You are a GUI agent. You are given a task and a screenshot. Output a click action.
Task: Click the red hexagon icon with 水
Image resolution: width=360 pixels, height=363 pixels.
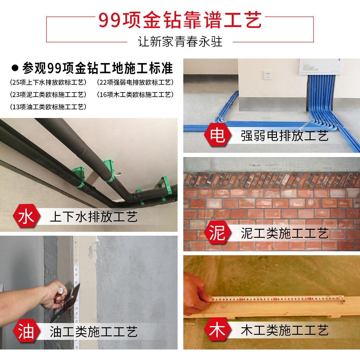pyautogui.click(x=26, y=216)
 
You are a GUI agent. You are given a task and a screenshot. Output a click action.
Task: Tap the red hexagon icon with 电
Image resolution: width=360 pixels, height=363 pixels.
pyautogui.click(x=217, y=135)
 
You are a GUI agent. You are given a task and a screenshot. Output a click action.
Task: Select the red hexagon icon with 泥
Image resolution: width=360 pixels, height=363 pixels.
pyautogui.click(x=217, y=232)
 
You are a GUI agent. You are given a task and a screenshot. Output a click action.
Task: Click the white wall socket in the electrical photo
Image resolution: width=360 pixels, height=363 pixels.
pyautogui.click(x=268, y=75)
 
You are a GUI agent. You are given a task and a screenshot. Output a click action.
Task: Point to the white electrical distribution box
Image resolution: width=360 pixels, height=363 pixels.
pyautogui.click(x=320, y=67)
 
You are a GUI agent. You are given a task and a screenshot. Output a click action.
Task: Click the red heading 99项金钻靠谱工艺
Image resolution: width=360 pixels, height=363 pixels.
pyautogui.click(x=180, y=20)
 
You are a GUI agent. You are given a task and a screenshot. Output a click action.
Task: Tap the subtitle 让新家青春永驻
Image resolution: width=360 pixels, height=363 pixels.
pyautogui.click(x=180, y=42)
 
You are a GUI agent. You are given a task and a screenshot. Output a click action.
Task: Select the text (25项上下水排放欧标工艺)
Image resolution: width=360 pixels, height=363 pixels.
pyautogui.click(x=48, y=82)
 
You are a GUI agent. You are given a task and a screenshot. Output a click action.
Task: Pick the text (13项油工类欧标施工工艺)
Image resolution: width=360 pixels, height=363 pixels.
pyautogui.click(x=48, y=107)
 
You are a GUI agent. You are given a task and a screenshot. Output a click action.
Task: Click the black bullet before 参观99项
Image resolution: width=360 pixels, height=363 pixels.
pyautogui.click(x=15, y=68)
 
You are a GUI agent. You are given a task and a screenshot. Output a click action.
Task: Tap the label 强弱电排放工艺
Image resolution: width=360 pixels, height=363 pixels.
pyautogui.click(x=284, y=136)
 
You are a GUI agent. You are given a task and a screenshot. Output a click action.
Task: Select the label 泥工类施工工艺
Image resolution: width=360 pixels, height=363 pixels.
pyautogui.click(x=284, y=233)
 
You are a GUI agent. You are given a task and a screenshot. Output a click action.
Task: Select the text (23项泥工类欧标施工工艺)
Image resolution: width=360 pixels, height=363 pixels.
pyautogui.click(x=48, y=95)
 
